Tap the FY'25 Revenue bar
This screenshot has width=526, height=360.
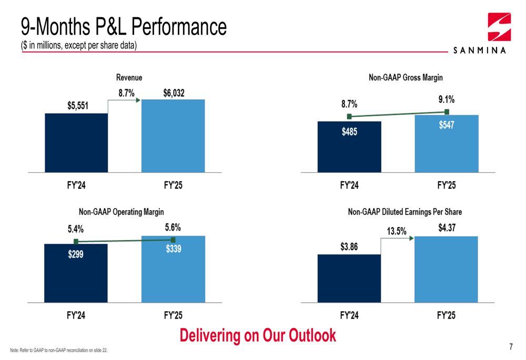(x=173, y=136)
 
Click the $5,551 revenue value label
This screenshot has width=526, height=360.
(x=78, y=106)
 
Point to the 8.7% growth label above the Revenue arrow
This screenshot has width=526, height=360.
(x=126, y=93)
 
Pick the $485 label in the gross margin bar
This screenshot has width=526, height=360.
(x=349, y=132)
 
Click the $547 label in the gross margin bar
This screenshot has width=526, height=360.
(x=447, y=126)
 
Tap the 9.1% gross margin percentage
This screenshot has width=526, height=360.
(x=447, y=99)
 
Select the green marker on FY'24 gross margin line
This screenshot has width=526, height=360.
(x=349, y=117)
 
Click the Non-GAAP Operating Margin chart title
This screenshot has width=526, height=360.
(x=121, y=212)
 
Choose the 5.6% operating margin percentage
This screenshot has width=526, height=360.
(x=173, y=228)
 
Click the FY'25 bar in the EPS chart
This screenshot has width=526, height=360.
(x=446, y=269)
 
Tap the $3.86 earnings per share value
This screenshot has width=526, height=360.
(x=349, y=246)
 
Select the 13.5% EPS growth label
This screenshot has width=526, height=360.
(x=397, y=230)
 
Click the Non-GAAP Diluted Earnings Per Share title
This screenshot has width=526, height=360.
(x=404, y=212)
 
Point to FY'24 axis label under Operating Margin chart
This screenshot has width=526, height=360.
(x=76, y=315)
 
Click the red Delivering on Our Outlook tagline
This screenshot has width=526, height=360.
(x=258, y=335)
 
